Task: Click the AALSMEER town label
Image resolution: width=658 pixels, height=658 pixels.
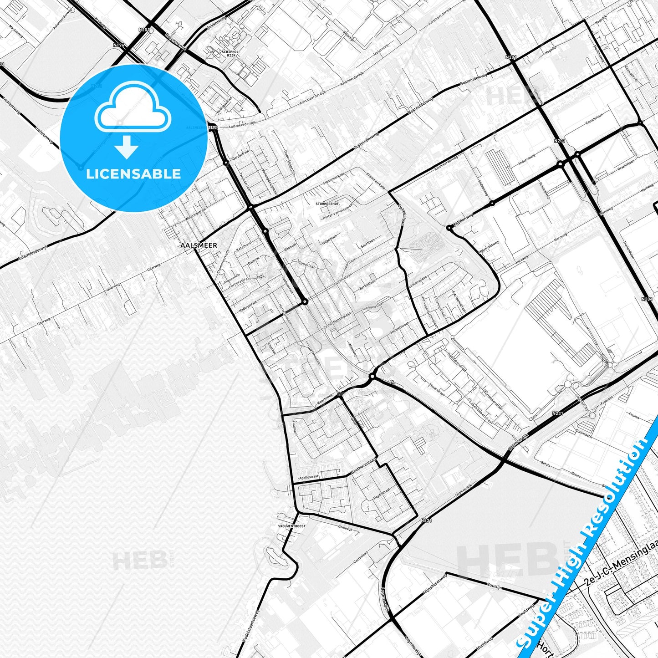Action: click(x=199, y=245)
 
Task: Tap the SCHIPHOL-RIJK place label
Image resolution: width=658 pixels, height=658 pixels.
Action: click(x=230, y=53)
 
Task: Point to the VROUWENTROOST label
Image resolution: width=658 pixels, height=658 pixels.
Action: click(x=292, y=526)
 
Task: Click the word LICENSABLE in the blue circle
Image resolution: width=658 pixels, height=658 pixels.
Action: click(x=133, y=174)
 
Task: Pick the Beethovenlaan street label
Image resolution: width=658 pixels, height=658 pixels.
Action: click(x=364, y=467)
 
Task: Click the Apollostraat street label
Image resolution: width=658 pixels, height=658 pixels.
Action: click(x=308, y=477)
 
